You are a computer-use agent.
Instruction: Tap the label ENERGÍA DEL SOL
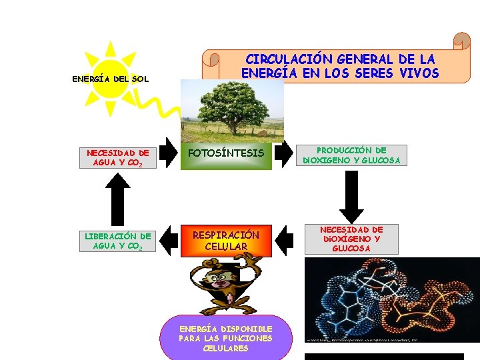click(x=110, y=80)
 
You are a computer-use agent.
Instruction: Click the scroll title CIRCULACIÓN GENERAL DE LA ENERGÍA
click(x=340, y=66)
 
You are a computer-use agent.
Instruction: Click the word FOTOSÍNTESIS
click(x=226, y=153)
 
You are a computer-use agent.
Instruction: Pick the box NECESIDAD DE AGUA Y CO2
click(x=117, y=157)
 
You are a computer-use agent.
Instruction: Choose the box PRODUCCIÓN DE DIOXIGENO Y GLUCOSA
click(x=351, y=155)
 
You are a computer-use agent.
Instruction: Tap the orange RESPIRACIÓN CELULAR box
click(x=226, y=241)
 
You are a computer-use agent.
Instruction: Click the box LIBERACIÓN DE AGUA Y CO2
click(x=117, y=241)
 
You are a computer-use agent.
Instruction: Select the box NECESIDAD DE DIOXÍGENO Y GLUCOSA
click(x=351, y=239)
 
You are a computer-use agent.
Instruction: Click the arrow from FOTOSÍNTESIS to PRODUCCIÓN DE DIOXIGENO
click(x=289, y=154)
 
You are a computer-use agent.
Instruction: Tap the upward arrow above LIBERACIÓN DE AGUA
click(x=118, y=199)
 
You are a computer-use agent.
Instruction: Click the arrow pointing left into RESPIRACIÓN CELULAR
click(x=285, y=240)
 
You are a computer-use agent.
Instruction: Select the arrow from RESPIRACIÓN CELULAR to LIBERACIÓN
click(x=170, y=241)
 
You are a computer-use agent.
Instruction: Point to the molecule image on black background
click(x=391, y=300)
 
